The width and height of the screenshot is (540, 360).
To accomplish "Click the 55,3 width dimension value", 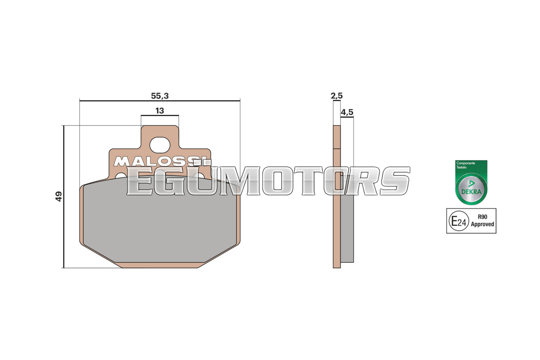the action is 160,96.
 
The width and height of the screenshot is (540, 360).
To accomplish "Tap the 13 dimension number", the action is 160,111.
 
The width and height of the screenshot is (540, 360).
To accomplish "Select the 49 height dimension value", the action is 59,196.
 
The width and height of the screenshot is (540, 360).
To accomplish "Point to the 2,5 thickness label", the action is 336,96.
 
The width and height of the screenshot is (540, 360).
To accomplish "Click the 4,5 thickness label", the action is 347,112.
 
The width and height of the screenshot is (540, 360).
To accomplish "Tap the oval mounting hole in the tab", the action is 160,145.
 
